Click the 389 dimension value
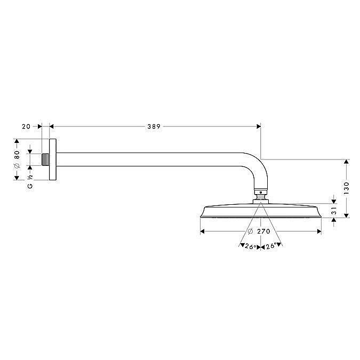(x=154, y=126)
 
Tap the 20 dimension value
(x=26, y=126)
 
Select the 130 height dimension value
(x=346, y=188)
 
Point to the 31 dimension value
(x=334, y=211)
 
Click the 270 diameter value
(x=263, y=231)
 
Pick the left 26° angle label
(x=250, y=246)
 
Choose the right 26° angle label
(x=271, y=246)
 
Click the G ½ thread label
(x=30, y=182)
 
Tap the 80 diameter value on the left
(x=17, y=155)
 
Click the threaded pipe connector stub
(x=45, y=159)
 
